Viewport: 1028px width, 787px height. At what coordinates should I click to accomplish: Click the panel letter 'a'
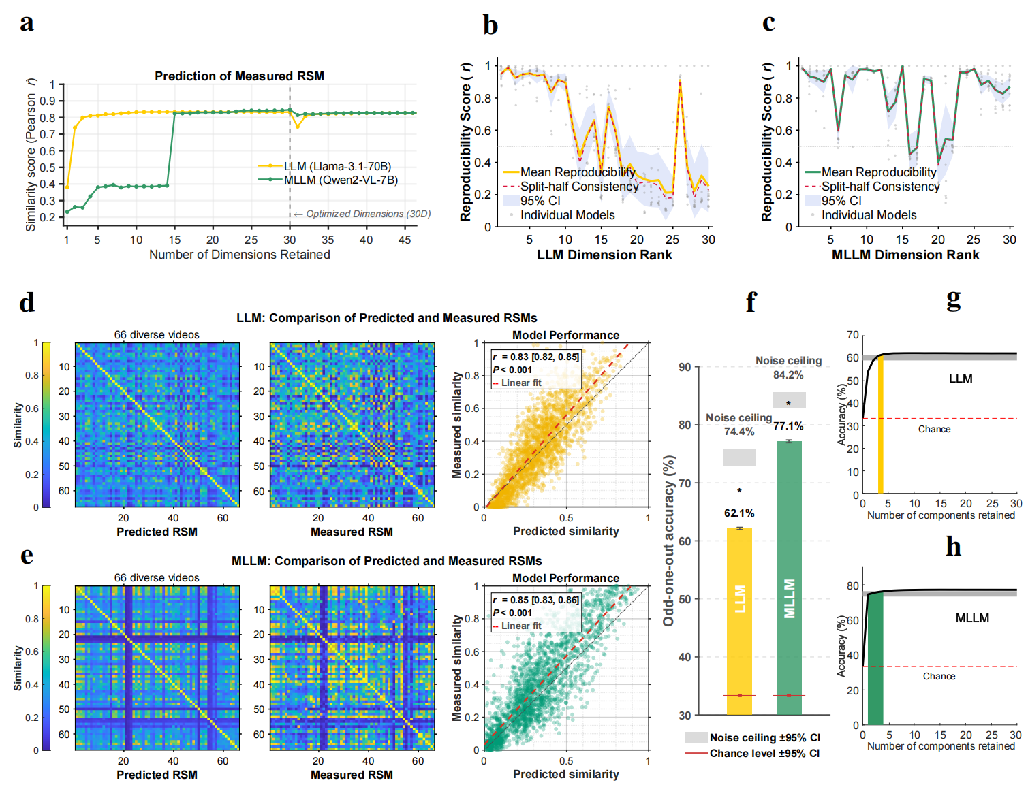pos(27,23)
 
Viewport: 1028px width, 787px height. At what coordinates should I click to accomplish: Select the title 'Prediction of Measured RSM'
pos(239,76)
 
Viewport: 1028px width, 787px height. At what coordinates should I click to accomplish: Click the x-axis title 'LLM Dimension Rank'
pos(604,255)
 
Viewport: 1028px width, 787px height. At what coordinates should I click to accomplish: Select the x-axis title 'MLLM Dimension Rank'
pos(905,255)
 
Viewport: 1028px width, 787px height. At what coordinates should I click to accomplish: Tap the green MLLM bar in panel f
pos(789,579)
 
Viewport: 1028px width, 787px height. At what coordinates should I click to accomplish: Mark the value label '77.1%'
pos(788,426)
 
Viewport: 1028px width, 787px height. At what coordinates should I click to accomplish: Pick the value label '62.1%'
pos(739,513)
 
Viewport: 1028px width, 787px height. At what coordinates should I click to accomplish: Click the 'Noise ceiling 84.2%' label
pos(788,368)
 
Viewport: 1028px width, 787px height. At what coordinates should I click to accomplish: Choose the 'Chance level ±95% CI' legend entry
pos(764,754)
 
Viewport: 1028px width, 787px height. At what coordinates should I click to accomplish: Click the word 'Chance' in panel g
pos(934,430)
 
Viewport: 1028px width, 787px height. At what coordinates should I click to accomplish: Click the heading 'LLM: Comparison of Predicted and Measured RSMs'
pos(386,318)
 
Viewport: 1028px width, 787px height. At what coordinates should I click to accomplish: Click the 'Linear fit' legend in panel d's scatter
pos(521,383)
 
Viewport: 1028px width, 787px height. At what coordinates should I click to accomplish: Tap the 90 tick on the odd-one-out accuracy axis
pos(685,368)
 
